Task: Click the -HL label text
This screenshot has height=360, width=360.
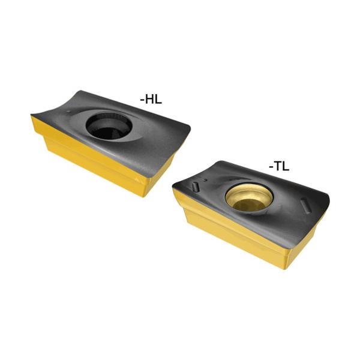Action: tap(151, 100)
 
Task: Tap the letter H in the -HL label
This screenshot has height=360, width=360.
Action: tap(150, 100)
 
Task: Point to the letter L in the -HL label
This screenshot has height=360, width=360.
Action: tap(158, 100)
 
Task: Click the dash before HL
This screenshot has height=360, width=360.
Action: tap(142, 100)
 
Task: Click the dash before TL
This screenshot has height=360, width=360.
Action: tap(271, 167)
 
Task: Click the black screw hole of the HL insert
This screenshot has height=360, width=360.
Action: tap(109, 126)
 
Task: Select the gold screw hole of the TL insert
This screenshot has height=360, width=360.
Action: tap(249, 197)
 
